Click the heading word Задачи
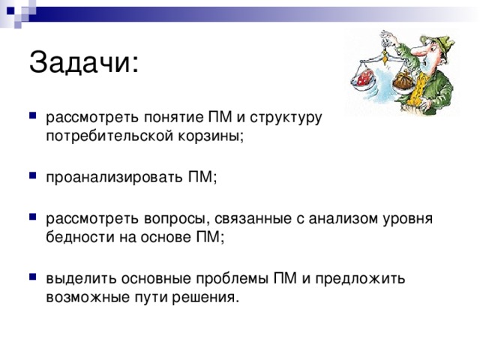click(83, 62)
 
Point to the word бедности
click(76, 237)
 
